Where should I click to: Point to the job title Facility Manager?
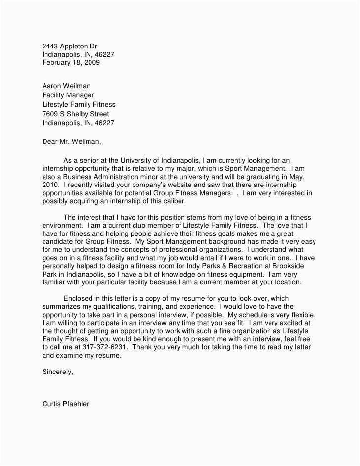[x=68, y=95]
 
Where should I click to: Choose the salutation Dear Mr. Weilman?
[x=72, y=142]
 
